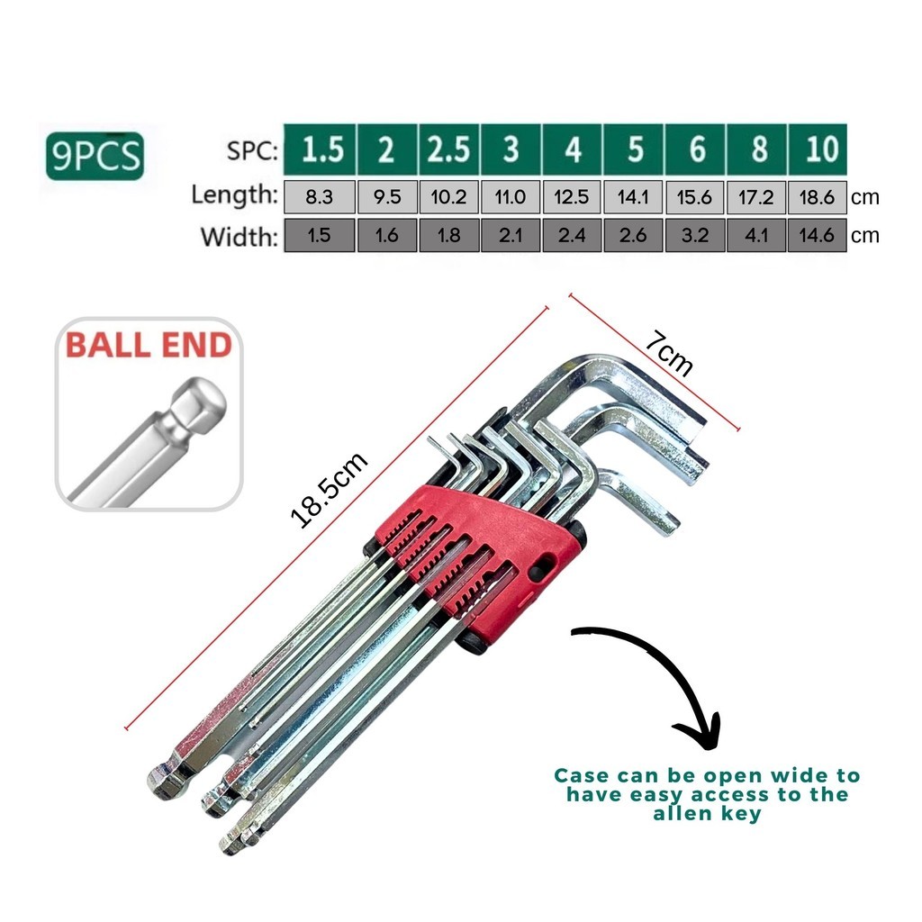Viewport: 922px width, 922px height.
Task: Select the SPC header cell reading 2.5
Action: [x=448, y=149]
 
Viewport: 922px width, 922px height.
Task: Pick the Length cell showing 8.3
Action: [x=320, y=196]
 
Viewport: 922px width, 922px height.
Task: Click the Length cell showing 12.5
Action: [x=572, y=196]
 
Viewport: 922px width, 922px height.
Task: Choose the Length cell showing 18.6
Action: [x=818, y=196]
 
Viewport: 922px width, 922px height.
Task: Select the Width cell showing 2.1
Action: [x=511, y=236]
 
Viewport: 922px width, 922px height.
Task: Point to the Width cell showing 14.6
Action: [x=818, y=236]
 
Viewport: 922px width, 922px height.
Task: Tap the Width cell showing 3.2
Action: [x=695, y=236]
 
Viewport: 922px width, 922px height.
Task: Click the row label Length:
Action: [x=235, y=194]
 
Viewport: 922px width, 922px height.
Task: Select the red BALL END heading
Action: [x=149, y=346]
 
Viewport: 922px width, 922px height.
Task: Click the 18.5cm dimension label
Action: [x=329, y=490]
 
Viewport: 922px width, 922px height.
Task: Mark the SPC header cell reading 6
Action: [x=695, y=149]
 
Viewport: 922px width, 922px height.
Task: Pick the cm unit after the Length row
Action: [x=864, y=197]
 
